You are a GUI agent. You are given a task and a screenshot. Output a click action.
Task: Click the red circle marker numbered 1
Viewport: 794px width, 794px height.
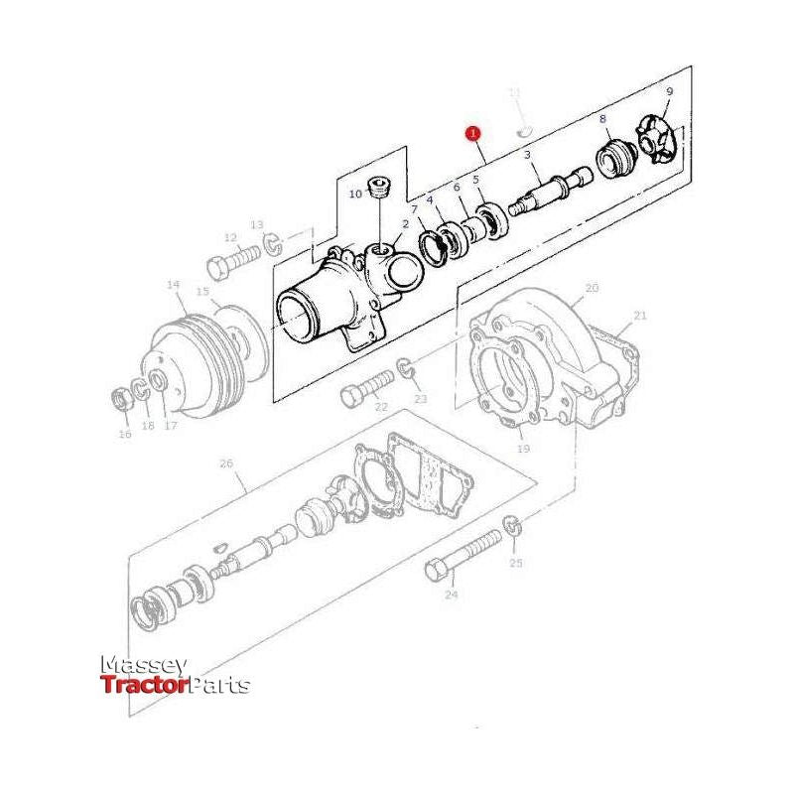473,132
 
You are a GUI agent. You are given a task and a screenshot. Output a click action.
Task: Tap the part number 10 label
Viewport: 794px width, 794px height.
355,194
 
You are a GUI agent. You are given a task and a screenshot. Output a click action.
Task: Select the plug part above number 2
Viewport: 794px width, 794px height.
378,188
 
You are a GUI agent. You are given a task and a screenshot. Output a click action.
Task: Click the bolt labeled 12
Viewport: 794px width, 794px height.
219,267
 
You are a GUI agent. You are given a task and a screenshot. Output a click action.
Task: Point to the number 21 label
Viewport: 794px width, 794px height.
640,316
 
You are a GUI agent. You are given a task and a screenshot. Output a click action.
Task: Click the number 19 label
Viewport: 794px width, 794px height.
523,449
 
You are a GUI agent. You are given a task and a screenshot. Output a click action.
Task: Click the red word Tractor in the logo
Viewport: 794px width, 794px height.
143,685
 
